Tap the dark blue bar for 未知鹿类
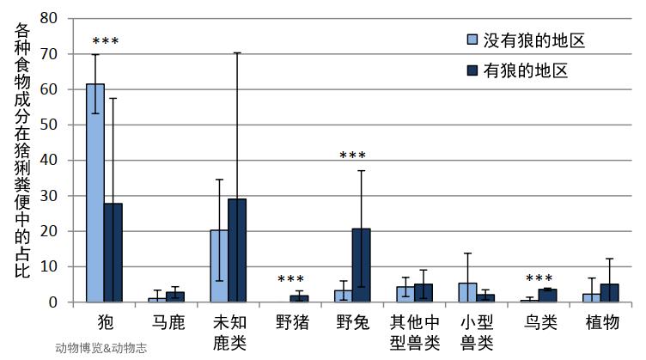(x=237, y=250)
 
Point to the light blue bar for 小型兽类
(x=467, y=292)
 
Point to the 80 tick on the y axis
(x=49, y=18)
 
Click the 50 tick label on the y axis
(x=49, y=125)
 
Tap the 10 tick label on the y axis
(x=49, y=266)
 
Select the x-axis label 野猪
(x=290, y=322)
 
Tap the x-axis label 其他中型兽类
(x=415, y=332)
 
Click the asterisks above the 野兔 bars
(x=352, y=156)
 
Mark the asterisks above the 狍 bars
(x=105, y=41)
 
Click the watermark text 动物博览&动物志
(x=102, y=348)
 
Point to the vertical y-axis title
(x=24, y=150)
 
